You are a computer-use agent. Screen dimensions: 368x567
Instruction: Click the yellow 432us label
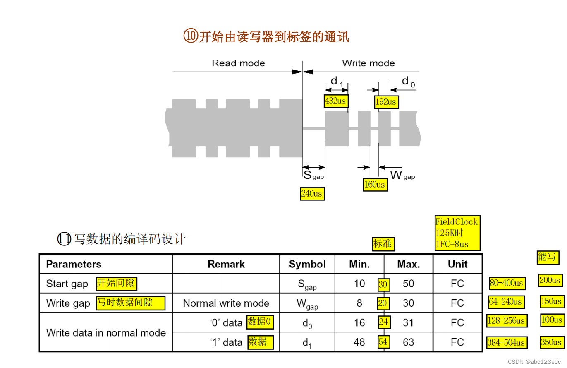point(335,101)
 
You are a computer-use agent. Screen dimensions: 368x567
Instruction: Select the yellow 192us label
point(386,102)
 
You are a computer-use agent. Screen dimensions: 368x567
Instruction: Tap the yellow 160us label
point(375,185)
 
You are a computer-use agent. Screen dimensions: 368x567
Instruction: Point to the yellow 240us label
point(312,194)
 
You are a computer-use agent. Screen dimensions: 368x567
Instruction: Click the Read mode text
point(238,63)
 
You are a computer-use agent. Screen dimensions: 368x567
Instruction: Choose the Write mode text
point(368,63)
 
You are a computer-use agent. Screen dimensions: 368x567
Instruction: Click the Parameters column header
point(74,264)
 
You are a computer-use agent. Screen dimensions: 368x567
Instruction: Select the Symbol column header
point(307,264)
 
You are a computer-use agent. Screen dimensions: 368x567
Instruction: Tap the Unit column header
point(457,264)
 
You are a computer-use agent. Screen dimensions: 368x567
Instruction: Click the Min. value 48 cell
point(359,342)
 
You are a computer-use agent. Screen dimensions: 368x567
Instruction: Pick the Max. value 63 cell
point(408,342)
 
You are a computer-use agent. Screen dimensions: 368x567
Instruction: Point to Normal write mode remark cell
point(226,303)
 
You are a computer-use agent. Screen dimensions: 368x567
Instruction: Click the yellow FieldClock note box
point(457,233)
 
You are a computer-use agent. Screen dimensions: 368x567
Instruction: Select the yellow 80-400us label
point(507,284)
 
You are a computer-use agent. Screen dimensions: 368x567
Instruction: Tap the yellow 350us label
point(552,342)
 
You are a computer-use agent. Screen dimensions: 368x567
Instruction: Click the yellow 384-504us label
point(507,343)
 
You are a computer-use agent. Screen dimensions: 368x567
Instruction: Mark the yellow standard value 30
point(383,284)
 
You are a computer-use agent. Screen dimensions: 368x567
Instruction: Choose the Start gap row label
point(67,284)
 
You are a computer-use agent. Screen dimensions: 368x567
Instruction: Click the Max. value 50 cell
point(408,284)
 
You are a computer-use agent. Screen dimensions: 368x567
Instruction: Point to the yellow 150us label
point(552,301)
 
